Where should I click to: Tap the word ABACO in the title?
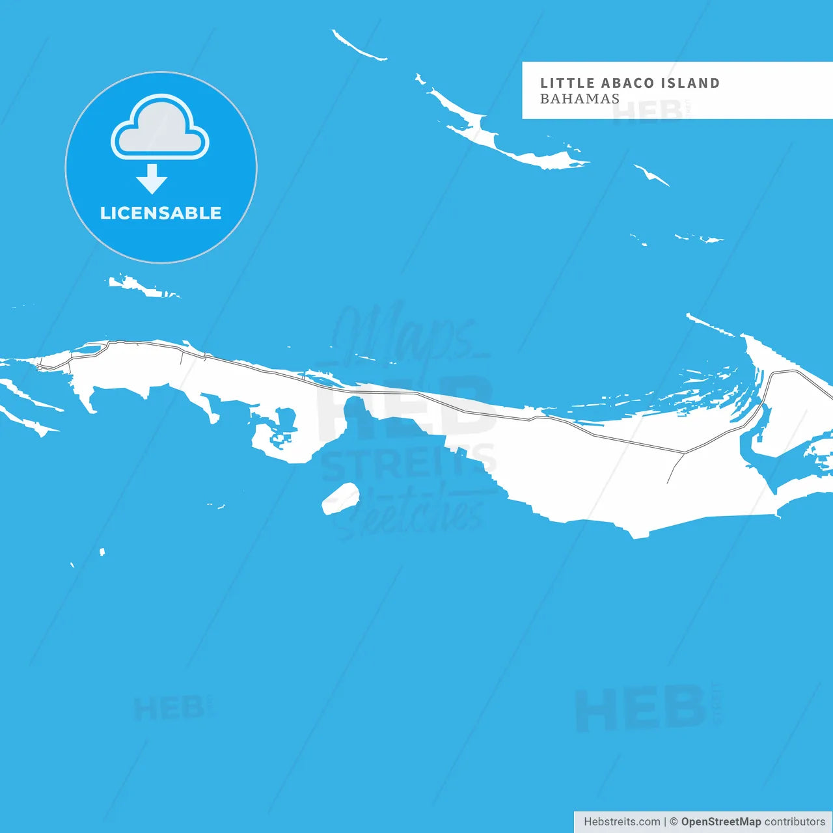coord(627,83)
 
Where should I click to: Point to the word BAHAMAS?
coord(580,99)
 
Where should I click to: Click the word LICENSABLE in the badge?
coord(161,213)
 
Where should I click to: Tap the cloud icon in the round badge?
coord(160,128)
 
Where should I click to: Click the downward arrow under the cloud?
coord(152,179)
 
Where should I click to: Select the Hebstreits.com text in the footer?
coord(621,822)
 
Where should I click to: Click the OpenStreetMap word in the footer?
coord(721,822)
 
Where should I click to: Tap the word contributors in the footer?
coord(795,822)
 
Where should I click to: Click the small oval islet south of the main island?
coord(340,498)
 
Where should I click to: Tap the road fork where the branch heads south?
coord(684,452)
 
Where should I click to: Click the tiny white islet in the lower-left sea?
coord(102,552)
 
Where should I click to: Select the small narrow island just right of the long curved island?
coord(651,174)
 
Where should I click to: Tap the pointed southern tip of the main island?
coord(639,535)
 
